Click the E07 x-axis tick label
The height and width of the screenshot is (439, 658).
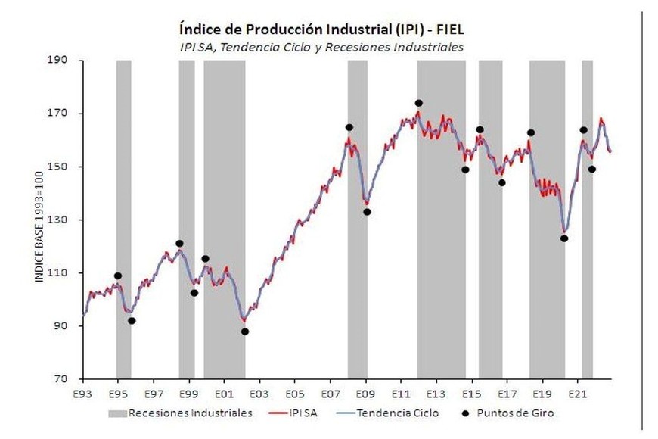tap(329, 395)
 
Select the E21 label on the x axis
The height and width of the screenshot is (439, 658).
tap(577, 395)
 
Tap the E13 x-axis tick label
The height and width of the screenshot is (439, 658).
tap(435, 395)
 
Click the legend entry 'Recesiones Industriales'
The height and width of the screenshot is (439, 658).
tap(179, 413)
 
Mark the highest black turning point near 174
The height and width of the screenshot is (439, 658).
tap(418, 103)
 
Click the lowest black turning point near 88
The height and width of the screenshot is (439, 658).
tap(244, 332)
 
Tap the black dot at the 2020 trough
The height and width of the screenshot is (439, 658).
tap(563, 238)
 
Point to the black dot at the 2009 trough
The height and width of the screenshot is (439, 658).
tap(367, 212)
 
